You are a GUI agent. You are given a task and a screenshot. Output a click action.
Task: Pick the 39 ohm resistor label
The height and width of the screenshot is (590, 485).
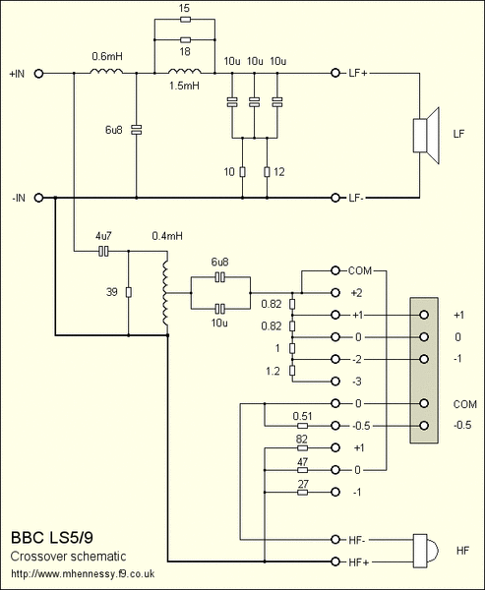click(113, 291)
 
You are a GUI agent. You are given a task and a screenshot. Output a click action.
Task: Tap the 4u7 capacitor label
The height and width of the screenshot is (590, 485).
click(102, 237)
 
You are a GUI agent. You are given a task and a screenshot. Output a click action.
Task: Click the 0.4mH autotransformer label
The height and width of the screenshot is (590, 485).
click(167, 237)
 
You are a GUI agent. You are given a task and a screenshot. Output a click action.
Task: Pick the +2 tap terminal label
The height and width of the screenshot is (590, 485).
click(356, 293)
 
